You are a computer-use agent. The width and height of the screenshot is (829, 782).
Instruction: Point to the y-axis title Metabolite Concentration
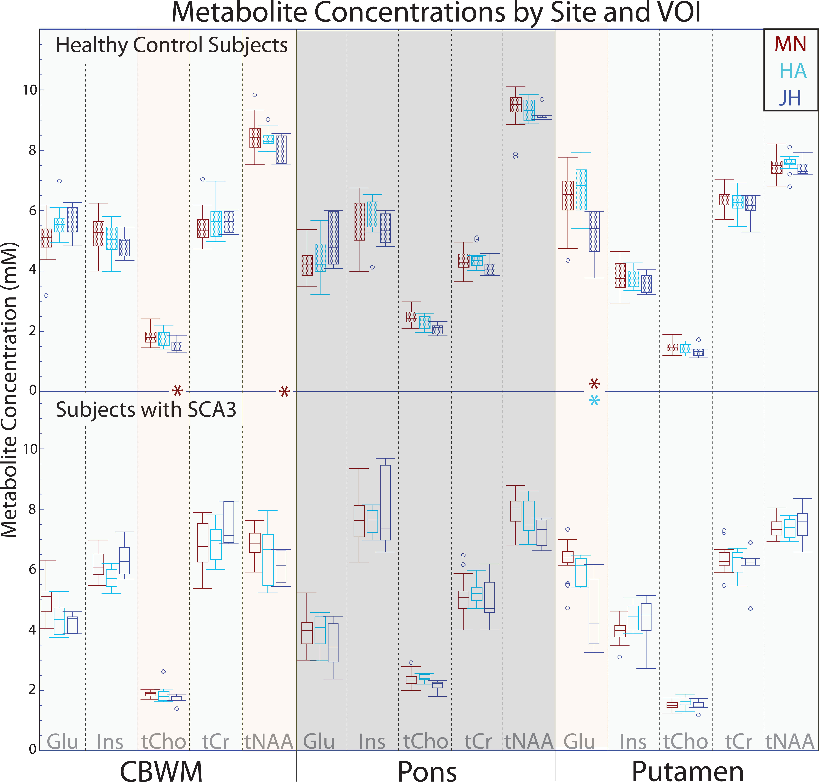click(x=9, y=390)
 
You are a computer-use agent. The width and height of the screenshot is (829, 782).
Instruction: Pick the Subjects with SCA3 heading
click(x=146, y=410)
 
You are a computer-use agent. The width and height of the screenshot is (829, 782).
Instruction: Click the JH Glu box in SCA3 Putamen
click(x=594, y=611)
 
